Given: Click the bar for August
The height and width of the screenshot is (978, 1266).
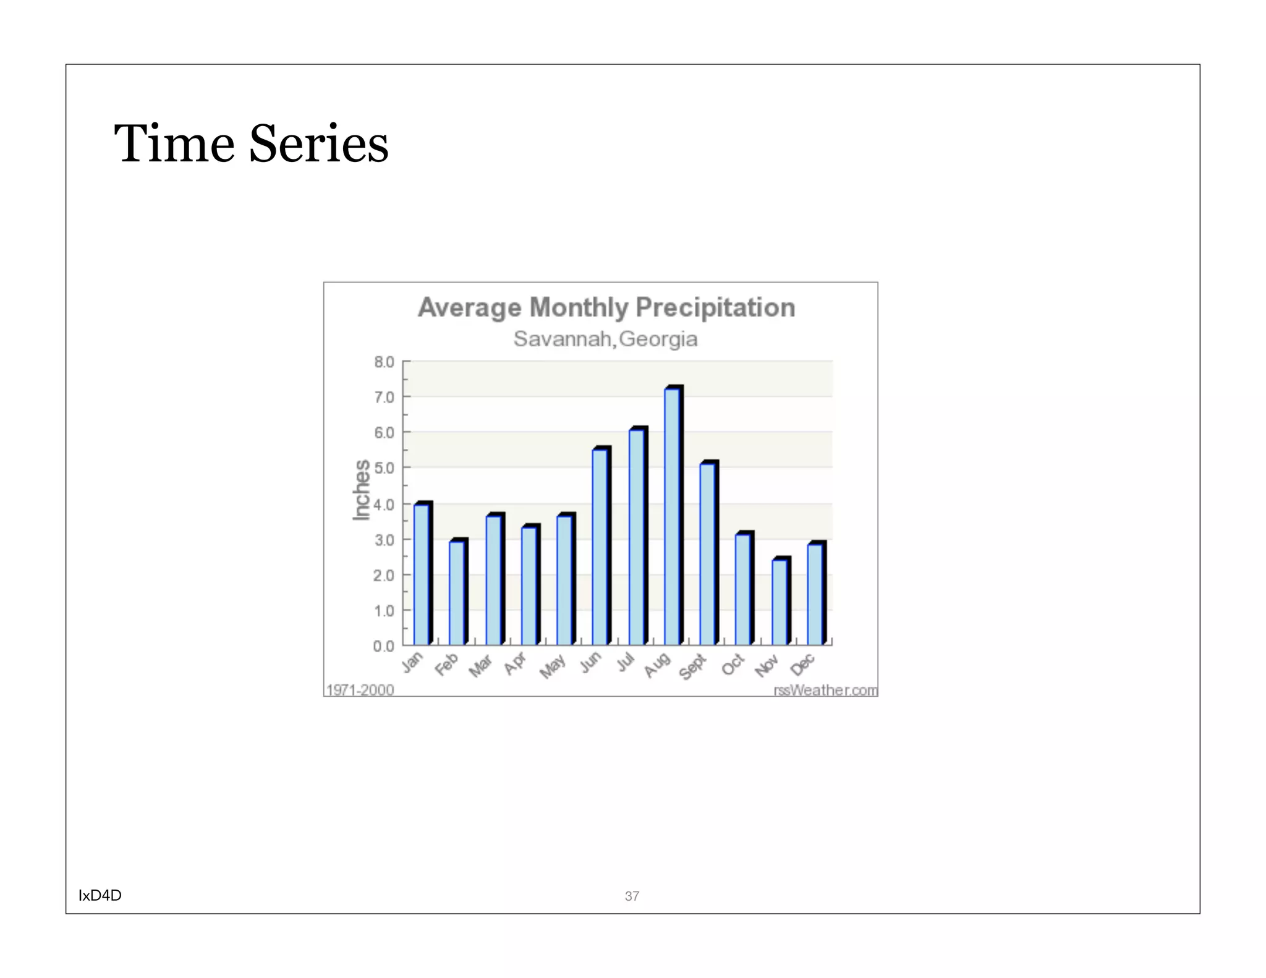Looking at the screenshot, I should tap(673, 516).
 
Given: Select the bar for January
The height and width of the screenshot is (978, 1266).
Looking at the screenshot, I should tap(422, 575).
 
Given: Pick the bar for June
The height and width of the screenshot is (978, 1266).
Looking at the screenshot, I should tap(600, 546).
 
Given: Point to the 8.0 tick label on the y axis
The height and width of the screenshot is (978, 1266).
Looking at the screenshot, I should tap(384, 362).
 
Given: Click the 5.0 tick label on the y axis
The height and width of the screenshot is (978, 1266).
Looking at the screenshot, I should tap(384, 469).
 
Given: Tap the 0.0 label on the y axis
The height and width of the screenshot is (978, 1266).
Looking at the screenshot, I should tap(384, 646).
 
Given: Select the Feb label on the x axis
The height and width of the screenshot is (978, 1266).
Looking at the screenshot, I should tap(446, 664).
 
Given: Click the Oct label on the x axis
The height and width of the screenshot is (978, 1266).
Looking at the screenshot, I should tap(733, 665).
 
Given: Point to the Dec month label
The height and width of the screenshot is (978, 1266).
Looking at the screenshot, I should tap(802, 665).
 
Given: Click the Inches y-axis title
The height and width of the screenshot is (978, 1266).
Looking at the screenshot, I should tap(362, 490).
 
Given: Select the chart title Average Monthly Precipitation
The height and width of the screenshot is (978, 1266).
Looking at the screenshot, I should tap(606, 307).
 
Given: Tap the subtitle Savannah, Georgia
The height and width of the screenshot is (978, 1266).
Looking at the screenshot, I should tap(605, 339).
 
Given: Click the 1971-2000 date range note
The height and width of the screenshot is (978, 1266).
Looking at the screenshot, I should tap(360, 689).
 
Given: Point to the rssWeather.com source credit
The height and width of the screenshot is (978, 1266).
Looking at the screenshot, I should tap(825, 689).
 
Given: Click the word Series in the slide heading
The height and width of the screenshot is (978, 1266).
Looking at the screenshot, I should tap(318, 143).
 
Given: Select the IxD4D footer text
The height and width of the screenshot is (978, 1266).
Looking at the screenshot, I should tap(100, 895).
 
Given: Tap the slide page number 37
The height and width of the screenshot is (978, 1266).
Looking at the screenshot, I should tap(632, 896).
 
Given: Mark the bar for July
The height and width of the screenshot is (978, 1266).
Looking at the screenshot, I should tap(637, 537).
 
